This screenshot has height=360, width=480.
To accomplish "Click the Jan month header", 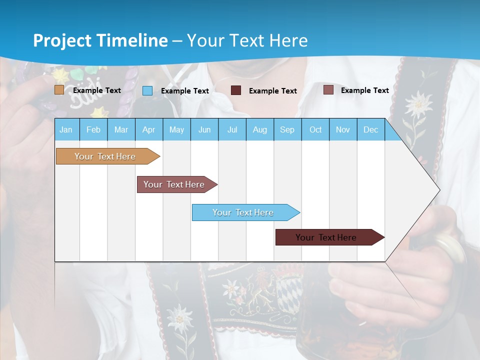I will pyautogui.click(x=66, y=129).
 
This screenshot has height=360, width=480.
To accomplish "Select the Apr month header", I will pyautogui.click(x=148, y=129).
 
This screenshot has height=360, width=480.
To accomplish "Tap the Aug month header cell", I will pyautogui.click(x=259, y=129).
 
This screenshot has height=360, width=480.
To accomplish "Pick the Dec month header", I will pyautogui.click(x=370, y=129).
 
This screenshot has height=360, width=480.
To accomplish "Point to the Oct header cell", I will pyautogui.click(x=315, y=129).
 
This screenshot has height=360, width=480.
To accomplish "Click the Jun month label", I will pyautogui.click(x=204, y=129).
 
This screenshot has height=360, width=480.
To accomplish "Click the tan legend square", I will pyautogui.click(x=59, y=90).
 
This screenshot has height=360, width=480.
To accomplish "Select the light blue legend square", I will pyautogui.click(x=147, y=90).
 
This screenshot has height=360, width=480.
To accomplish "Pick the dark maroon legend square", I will pyautogui.click(x=236, y=90).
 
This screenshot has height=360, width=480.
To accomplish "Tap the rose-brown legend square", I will pyautogui.click(x=328, y=90).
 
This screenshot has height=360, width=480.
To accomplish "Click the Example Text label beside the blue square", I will pyautogui.click(x=184, y=91).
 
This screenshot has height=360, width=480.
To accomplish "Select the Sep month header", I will pyautogui.click(x=287, y=129).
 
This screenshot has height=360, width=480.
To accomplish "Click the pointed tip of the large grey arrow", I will pyautogui.click(x=439, y=189).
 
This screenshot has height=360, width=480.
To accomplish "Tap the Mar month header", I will pyautogui.click(x=121, y=129).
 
